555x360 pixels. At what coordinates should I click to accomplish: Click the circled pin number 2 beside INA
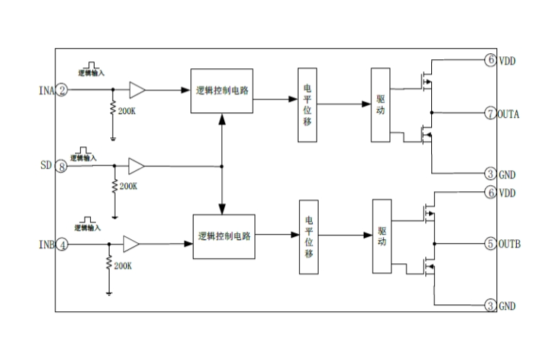(62, 91)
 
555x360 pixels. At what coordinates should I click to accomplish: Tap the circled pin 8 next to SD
(61, 166)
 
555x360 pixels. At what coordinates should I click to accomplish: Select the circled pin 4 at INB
(62, 244)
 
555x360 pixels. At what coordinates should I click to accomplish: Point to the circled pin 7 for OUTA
(490, 114)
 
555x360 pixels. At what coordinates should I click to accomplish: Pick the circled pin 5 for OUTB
(490, 244)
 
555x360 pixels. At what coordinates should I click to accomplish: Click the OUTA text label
(510, 114)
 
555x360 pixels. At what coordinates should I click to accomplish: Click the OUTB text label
(510, 244)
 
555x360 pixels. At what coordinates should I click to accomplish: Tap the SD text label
(46, 166)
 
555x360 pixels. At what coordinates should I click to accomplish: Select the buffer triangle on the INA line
(137, 91)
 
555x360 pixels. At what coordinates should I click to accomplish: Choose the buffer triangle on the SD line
(136, 166)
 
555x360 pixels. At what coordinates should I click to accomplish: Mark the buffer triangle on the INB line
(131, 244)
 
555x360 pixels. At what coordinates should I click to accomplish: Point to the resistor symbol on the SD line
(114, 184)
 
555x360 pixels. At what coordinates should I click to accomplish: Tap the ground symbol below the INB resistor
(109, 292)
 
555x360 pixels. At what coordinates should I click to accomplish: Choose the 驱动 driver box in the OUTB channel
(381, 236)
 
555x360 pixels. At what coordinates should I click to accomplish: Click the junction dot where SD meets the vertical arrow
(221, 166)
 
